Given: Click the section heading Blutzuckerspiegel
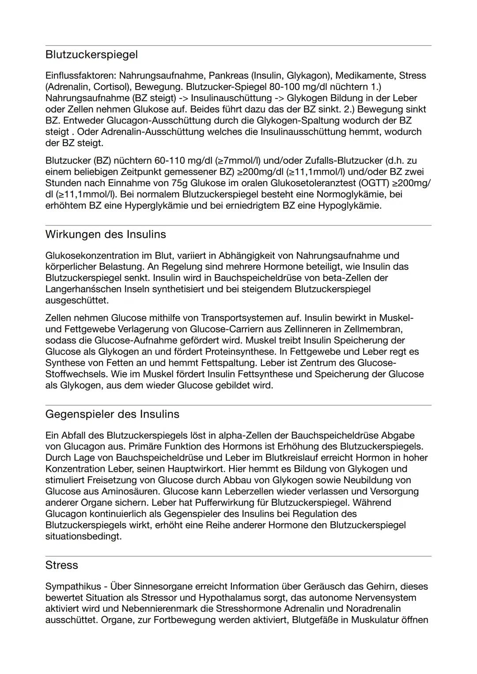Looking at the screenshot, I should (91, 55).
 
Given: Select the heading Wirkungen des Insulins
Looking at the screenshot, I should (106, 234).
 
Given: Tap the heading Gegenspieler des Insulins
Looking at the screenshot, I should (112, 414).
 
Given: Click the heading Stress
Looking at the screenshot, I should (61, 565).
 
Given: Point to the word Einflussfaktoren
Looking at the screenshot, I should (80, 75).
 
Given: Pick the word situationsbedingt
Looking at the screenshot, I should (83, 536).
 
